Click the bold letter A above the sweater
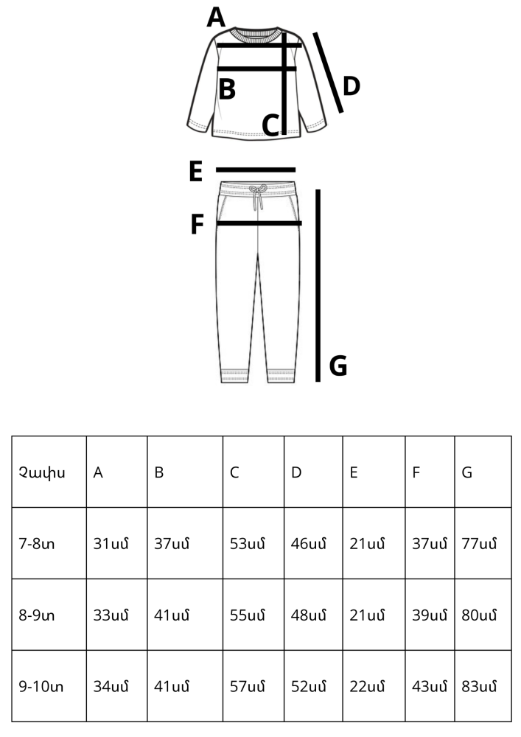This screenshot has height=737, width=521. click(216, 18)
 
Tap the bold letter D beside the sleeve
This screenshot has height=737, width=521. click(352, 86)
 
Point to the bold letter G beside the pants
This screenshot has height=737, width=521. click(338, 366)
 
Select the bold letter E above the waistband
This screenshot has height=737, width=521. click(195, 171)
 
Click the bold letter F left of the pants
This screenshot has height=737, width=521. click(197, 224)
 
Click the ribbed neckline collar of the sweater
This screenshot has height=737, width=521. click(256, 35)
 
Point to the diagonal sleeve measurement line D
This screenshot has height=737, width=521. click(329, 73)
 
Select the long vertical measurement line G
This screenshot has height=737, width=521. click(318, 285)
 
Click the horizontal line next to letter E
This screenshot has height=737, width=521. click(256, 170)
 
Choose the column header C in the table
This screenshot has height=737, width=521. click(234, 472)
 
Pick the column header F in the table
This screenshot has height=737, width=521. click(416, 472)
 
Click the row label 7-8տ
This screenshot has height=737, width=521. click(37, 544)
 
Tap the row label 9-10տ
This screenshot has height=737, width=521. click(41, 687)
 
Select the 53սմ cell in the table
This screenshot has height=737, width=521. click(247, 544)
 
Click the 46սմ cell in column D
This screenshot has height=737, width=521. click(308, 544)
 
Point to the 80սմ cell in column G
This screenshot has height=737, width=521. click(479, 615)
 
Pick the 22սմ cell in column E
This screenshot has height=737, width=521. click(367, 687)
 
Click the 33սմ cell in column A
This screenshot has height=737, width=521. click(111, 615)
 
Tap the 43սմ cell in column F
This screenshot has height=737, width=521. click(430, 687)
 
